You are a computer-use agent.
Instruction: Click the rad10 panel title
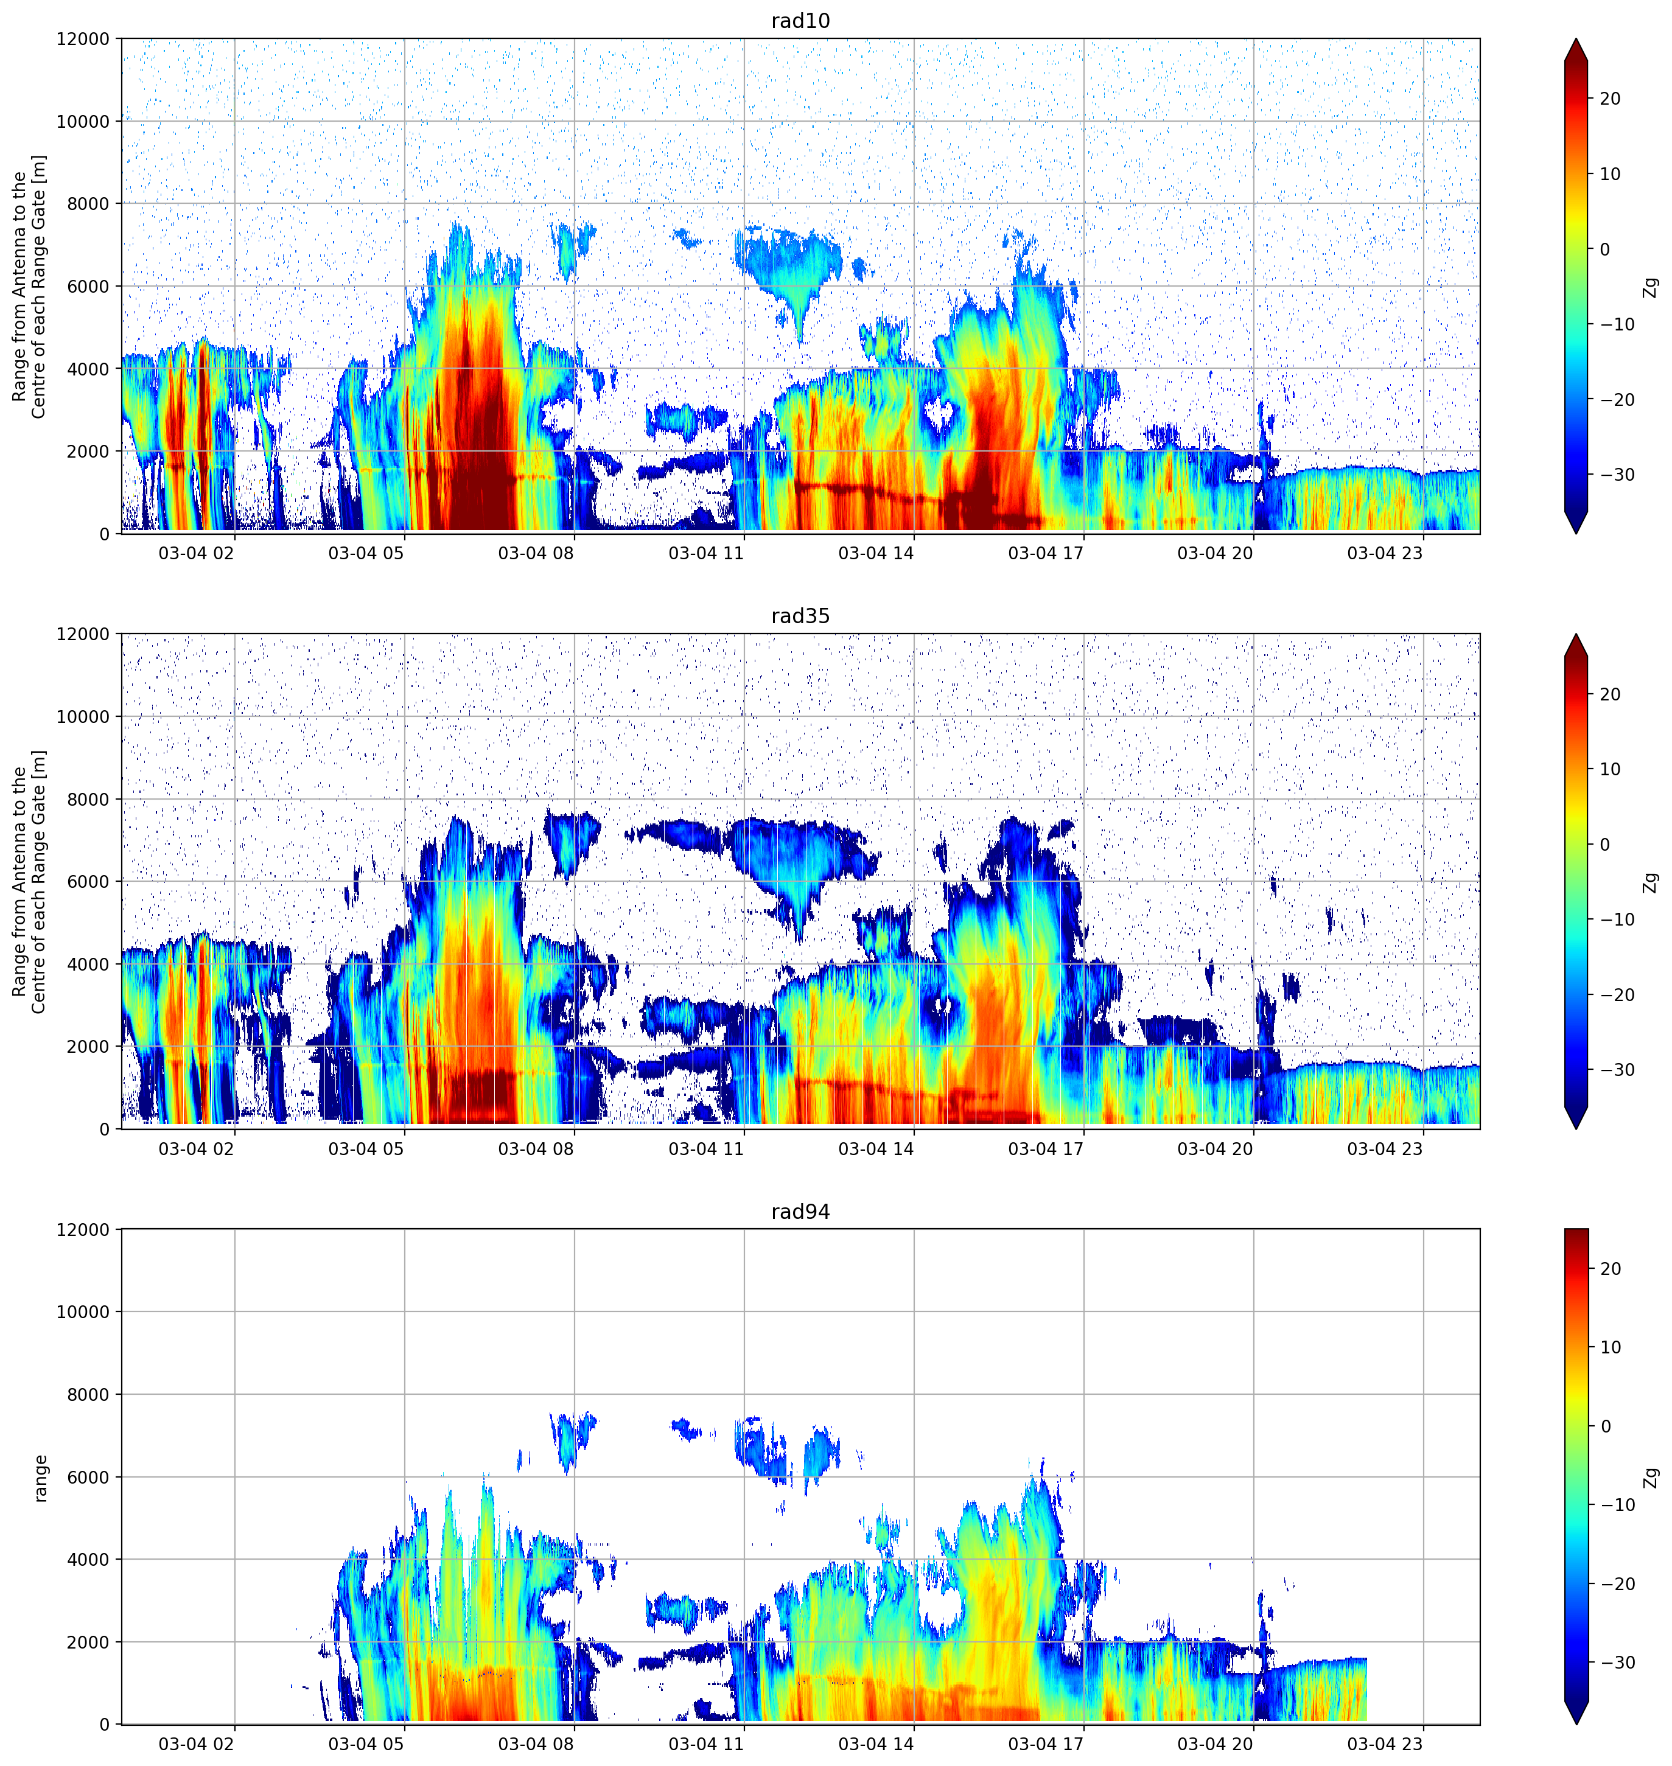pos(800,21)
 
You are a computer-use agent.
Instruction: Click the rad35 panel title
pos(800,616)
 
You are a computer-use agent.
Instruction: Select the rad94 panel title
pos(800,1212)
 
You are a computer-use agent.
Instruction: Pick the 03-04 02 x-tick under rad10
pos(196,553)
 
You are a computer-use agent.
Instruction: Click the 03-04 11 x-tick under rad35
pos(706,1148)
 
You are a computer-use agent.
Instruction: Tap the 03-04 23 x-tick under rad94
pos(1385,1743)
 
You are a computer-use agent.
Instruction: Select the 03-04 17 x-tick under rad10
pos(1046,553)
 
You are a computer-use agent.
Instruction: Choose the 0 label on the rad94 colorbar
pos(1605,1426)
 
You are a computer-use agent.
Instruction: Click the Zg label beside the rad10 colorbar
pos(1651,287)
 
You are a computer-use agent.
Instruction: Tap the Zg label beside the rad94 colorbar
pos(1651,1478)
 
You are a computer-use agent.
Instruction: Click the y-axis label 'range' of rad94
pos(40,1478)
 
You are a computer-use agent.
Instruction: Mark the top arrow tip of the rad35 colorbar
pos(1576,634)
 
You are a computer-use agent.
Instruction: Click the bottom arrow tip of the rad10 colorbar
pos(1576,533)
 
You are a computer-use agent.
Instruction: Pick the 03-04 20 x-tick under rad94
pos(1215,1743)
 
